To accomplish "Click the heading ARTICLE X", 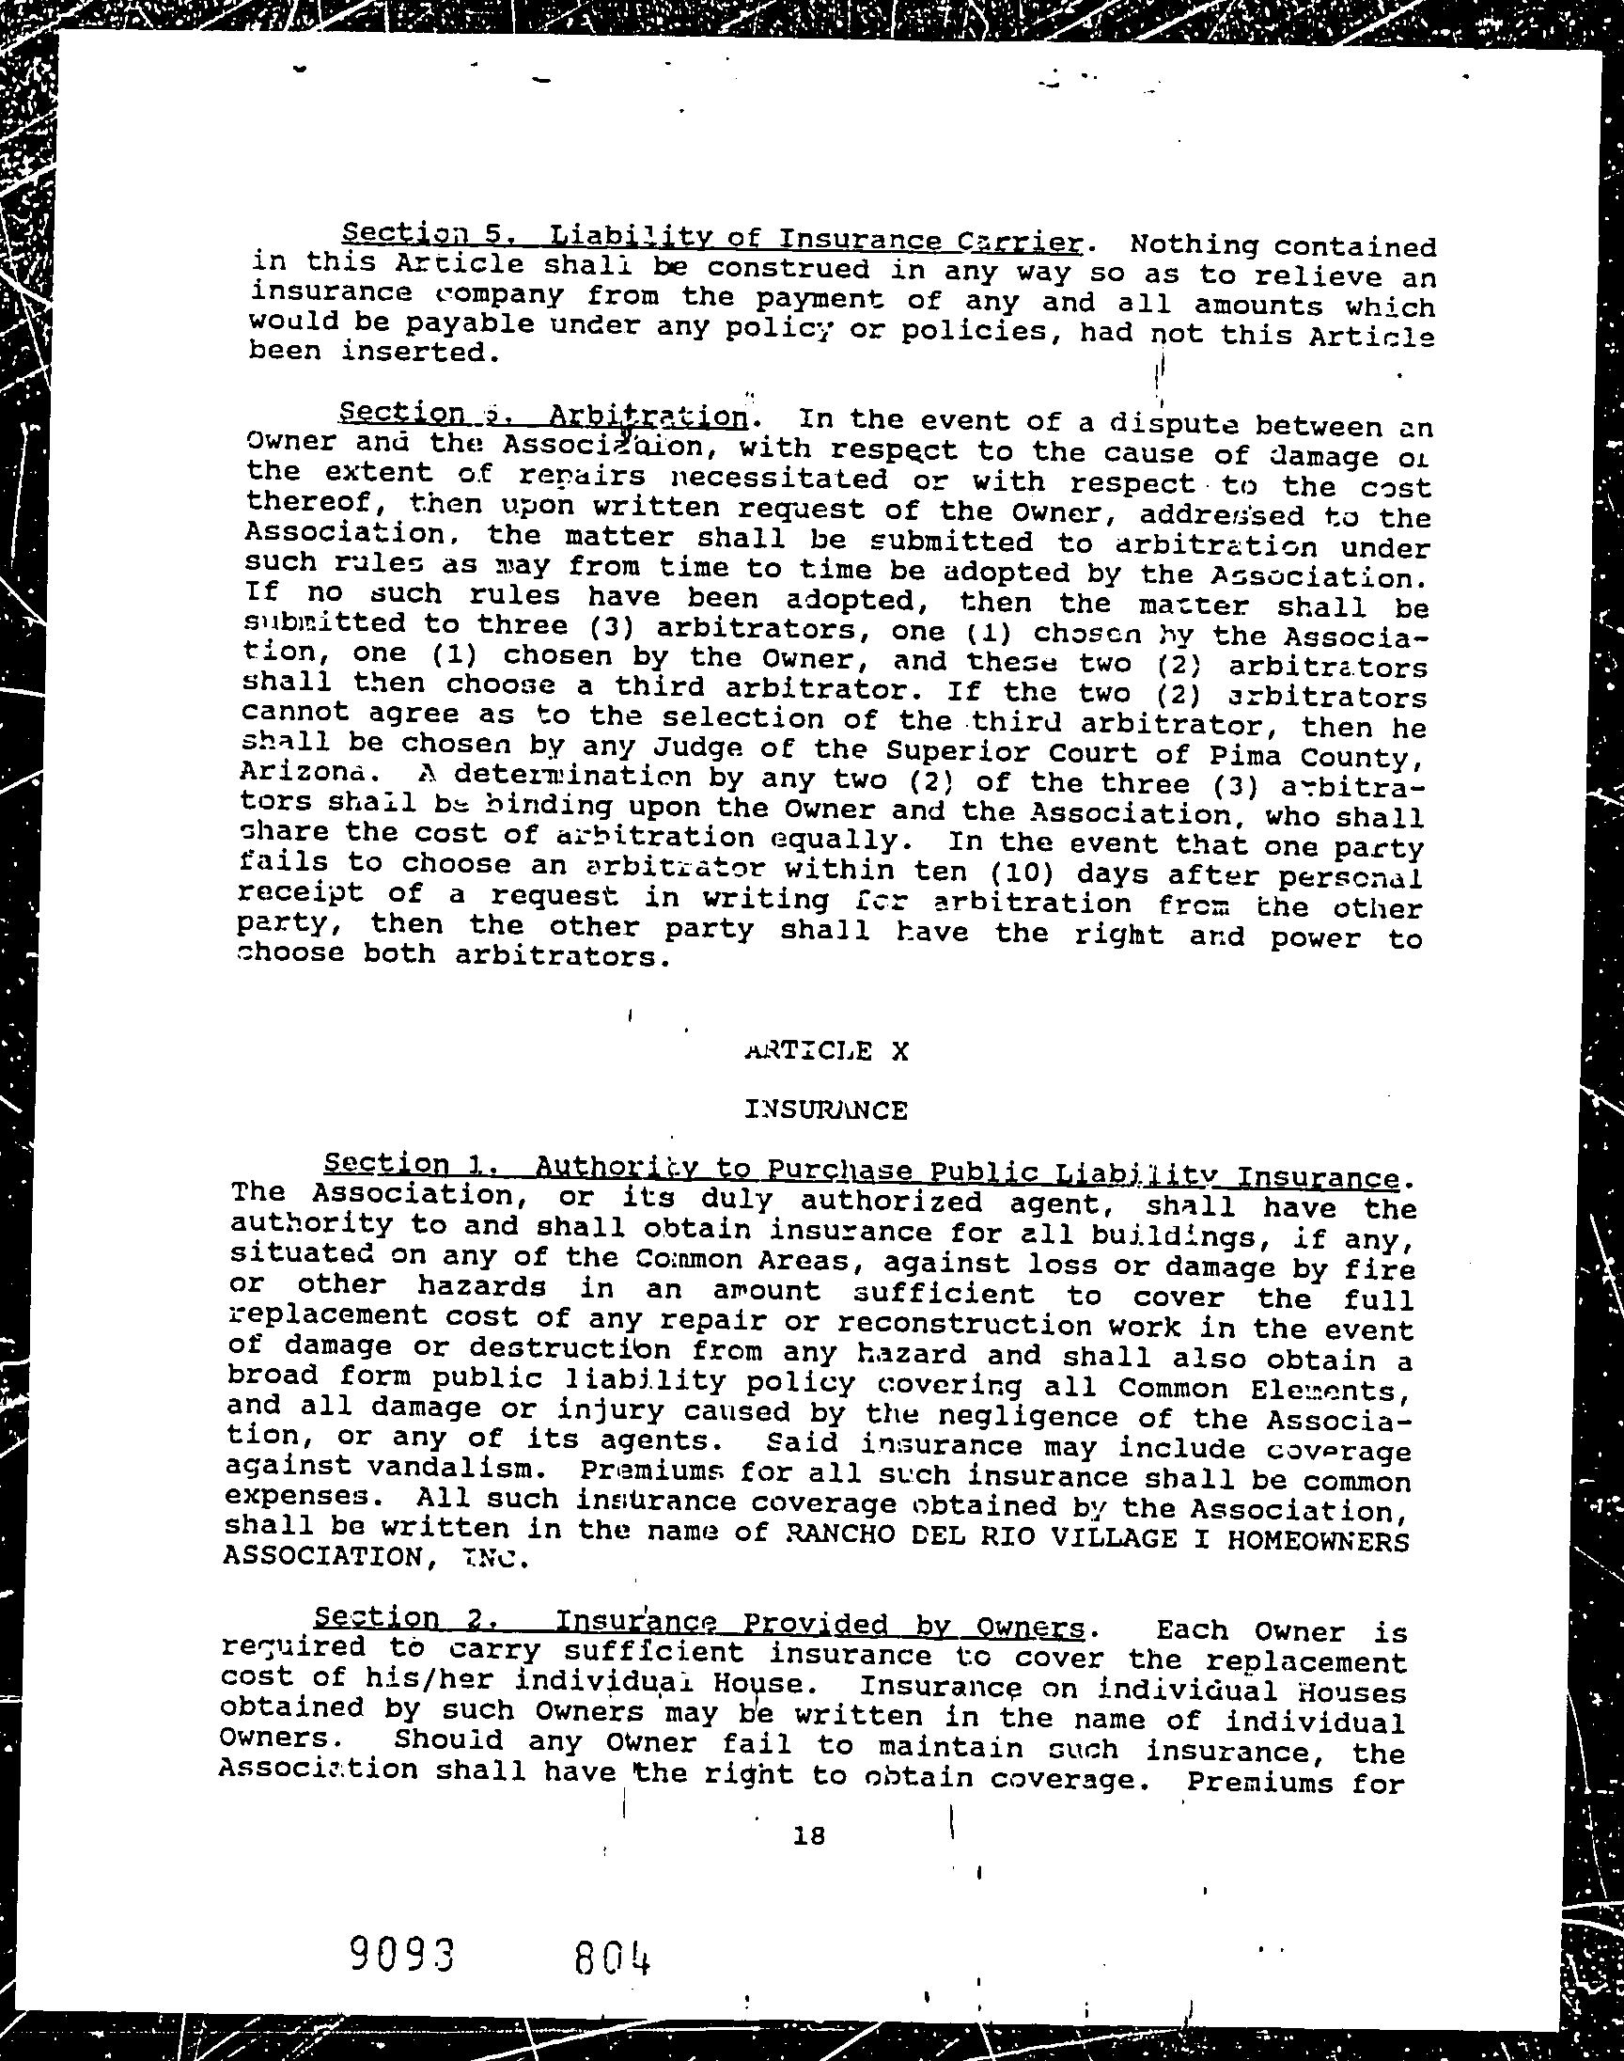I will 826,1051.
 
